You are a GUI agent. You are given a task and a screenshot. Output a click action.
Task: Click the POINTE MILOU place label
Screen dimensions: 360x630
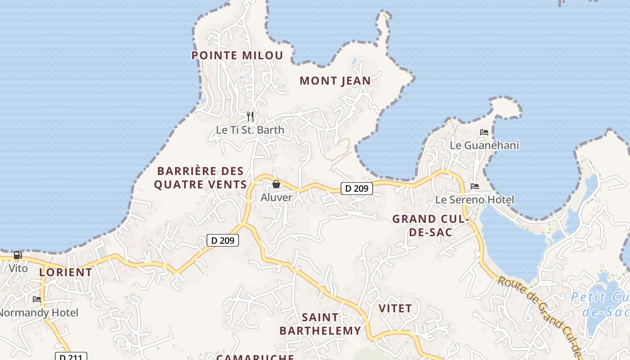[237, 55]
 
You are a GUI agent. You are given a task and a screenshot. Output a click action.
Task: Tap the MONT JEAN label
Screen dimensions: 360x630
[335, 81]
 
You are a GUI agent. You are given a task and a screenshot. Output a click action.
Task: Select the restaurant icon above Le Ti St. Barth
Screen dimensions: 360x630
[250, 117]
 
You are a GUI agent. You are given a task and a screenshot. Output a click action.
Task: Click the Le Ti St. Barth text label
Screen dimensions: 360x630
[250, 130]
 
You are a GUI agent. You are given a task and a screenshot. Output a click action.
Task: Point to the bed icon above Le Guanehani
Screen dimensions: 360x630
[484, 132]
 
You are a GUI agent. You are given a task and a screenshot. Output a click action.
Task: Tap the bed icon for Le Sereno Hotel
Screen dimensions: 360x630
[475, 186]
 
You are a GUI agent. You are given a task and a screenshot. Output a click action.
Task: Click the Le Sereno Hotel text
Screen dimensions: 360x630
[475, 199]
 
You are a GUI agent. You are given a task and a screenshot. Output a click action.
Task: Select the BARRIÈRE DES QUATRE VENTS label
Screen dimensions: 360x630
[200, 178]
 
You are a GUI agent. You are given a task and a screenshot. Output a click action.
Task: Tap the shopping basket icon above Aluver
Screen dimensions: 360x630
[276, 184]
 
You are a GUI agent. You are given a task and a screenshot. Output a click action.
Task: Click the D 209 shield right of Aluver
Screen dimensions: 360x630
[357, 189]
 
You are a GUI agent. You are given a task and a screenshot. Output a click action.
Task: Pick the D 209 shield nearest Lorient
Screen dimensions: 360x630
[223, 240]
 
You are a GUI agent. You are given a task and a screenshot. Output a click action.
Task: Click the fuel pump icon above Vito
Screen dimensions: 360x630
[18, 255]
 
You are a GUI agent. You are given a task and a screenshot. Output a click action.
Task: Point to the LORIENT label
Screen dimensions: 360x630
[66, 272]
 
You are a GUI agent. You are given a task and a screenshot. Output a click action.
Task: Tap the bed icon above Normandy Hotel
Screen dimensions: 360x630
[37, 299]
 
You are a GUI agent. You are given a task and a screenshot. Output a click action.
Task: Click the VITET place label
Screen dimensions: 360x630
[395, 309]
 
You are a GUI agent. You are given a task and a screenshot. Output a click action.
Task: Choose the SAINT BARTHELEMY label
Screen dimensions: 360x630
[320, 324]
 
